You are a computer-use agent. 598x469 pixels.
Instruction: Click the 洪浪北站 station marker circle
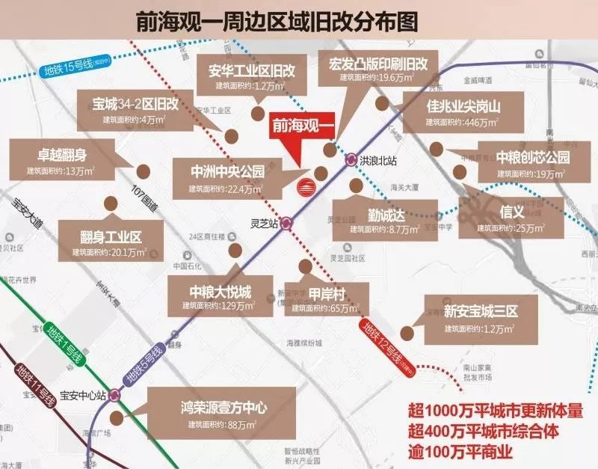(351, 159)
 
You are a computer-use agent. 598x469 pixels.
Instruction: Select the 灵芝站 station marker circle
(286, 222)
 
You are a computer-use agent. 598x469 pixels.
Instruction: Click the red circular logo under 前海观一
(306, 186)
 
